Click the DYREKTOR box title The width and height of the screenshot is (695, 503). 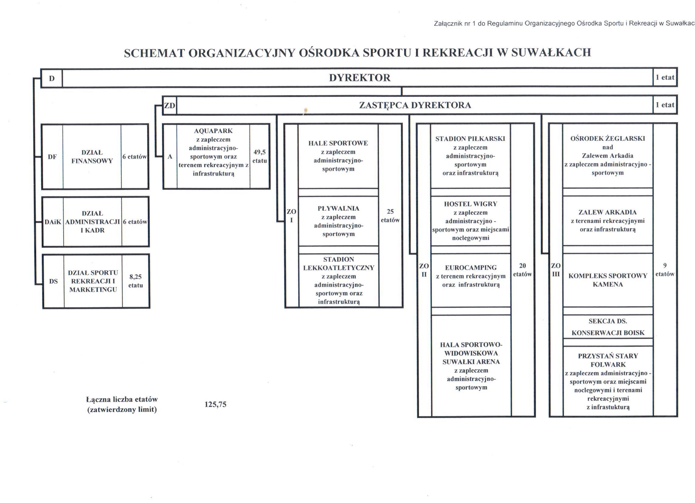360,78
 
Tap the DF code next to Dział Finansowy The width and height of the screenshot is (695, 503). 52,157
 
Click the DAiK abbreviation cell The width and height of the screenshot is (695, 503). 53,222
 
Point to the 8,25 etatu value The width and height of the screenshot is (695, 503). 135,281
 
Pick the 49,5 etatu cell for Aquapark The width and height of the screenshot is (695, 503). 260,156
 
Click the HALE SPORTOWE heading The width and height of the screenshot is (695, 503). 338,143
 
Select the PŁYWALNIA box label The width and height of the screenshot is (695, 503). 338,209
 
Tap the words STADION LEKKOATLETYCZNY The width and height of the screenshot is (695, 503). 339,263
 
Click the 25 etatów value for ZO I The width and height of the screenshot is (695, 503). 390,216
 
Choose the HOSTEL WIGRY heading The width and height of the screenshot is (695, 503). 471,204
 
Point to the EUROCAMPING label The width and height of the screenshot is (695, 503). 471,268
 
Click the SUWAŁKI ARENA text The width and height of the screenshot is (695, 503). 471,362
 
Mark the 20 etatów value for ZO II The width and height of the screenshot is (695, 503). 523,270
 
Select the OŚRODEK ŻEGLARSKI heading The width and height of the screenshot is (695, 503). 607,139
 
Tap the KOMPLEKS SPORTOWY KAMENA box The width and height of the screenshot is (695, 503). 608,280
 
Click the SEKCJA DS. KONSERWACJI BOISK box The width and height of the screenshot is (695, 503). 608,327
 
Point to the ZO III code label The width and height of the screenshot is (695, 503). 556,270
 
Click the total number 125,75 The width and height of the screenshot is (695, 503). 215,404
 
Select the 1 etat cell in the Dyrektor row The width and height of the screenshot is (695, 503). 665,78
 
